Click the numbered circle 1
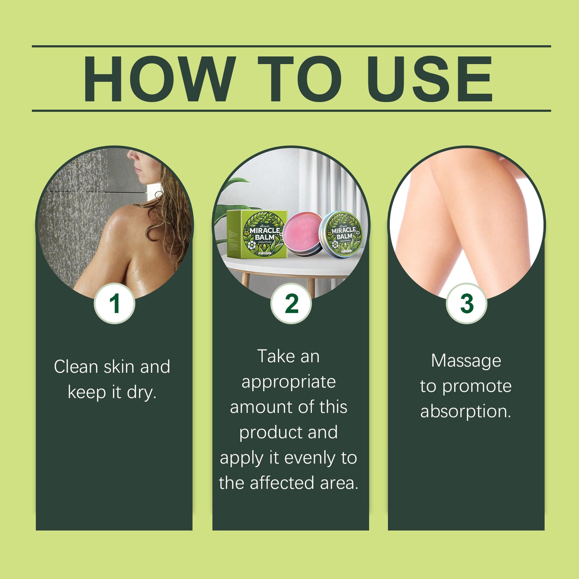coord(115,303)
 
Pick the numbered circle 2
coord(291,303)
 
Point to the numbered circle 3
coord(467,303)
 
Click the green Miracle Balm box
coord(257,234)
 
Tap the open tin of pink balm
coord(303,232)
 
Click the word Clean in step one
coord(76,367)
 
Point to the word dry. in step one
coord(141,392)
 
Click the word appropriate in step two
coord(288,382)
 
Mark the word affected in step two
coord(282,483)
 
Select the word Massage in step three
coord(466,361)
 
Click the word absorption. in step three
coord(466,412)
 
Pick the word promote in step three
coord(477,386)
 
